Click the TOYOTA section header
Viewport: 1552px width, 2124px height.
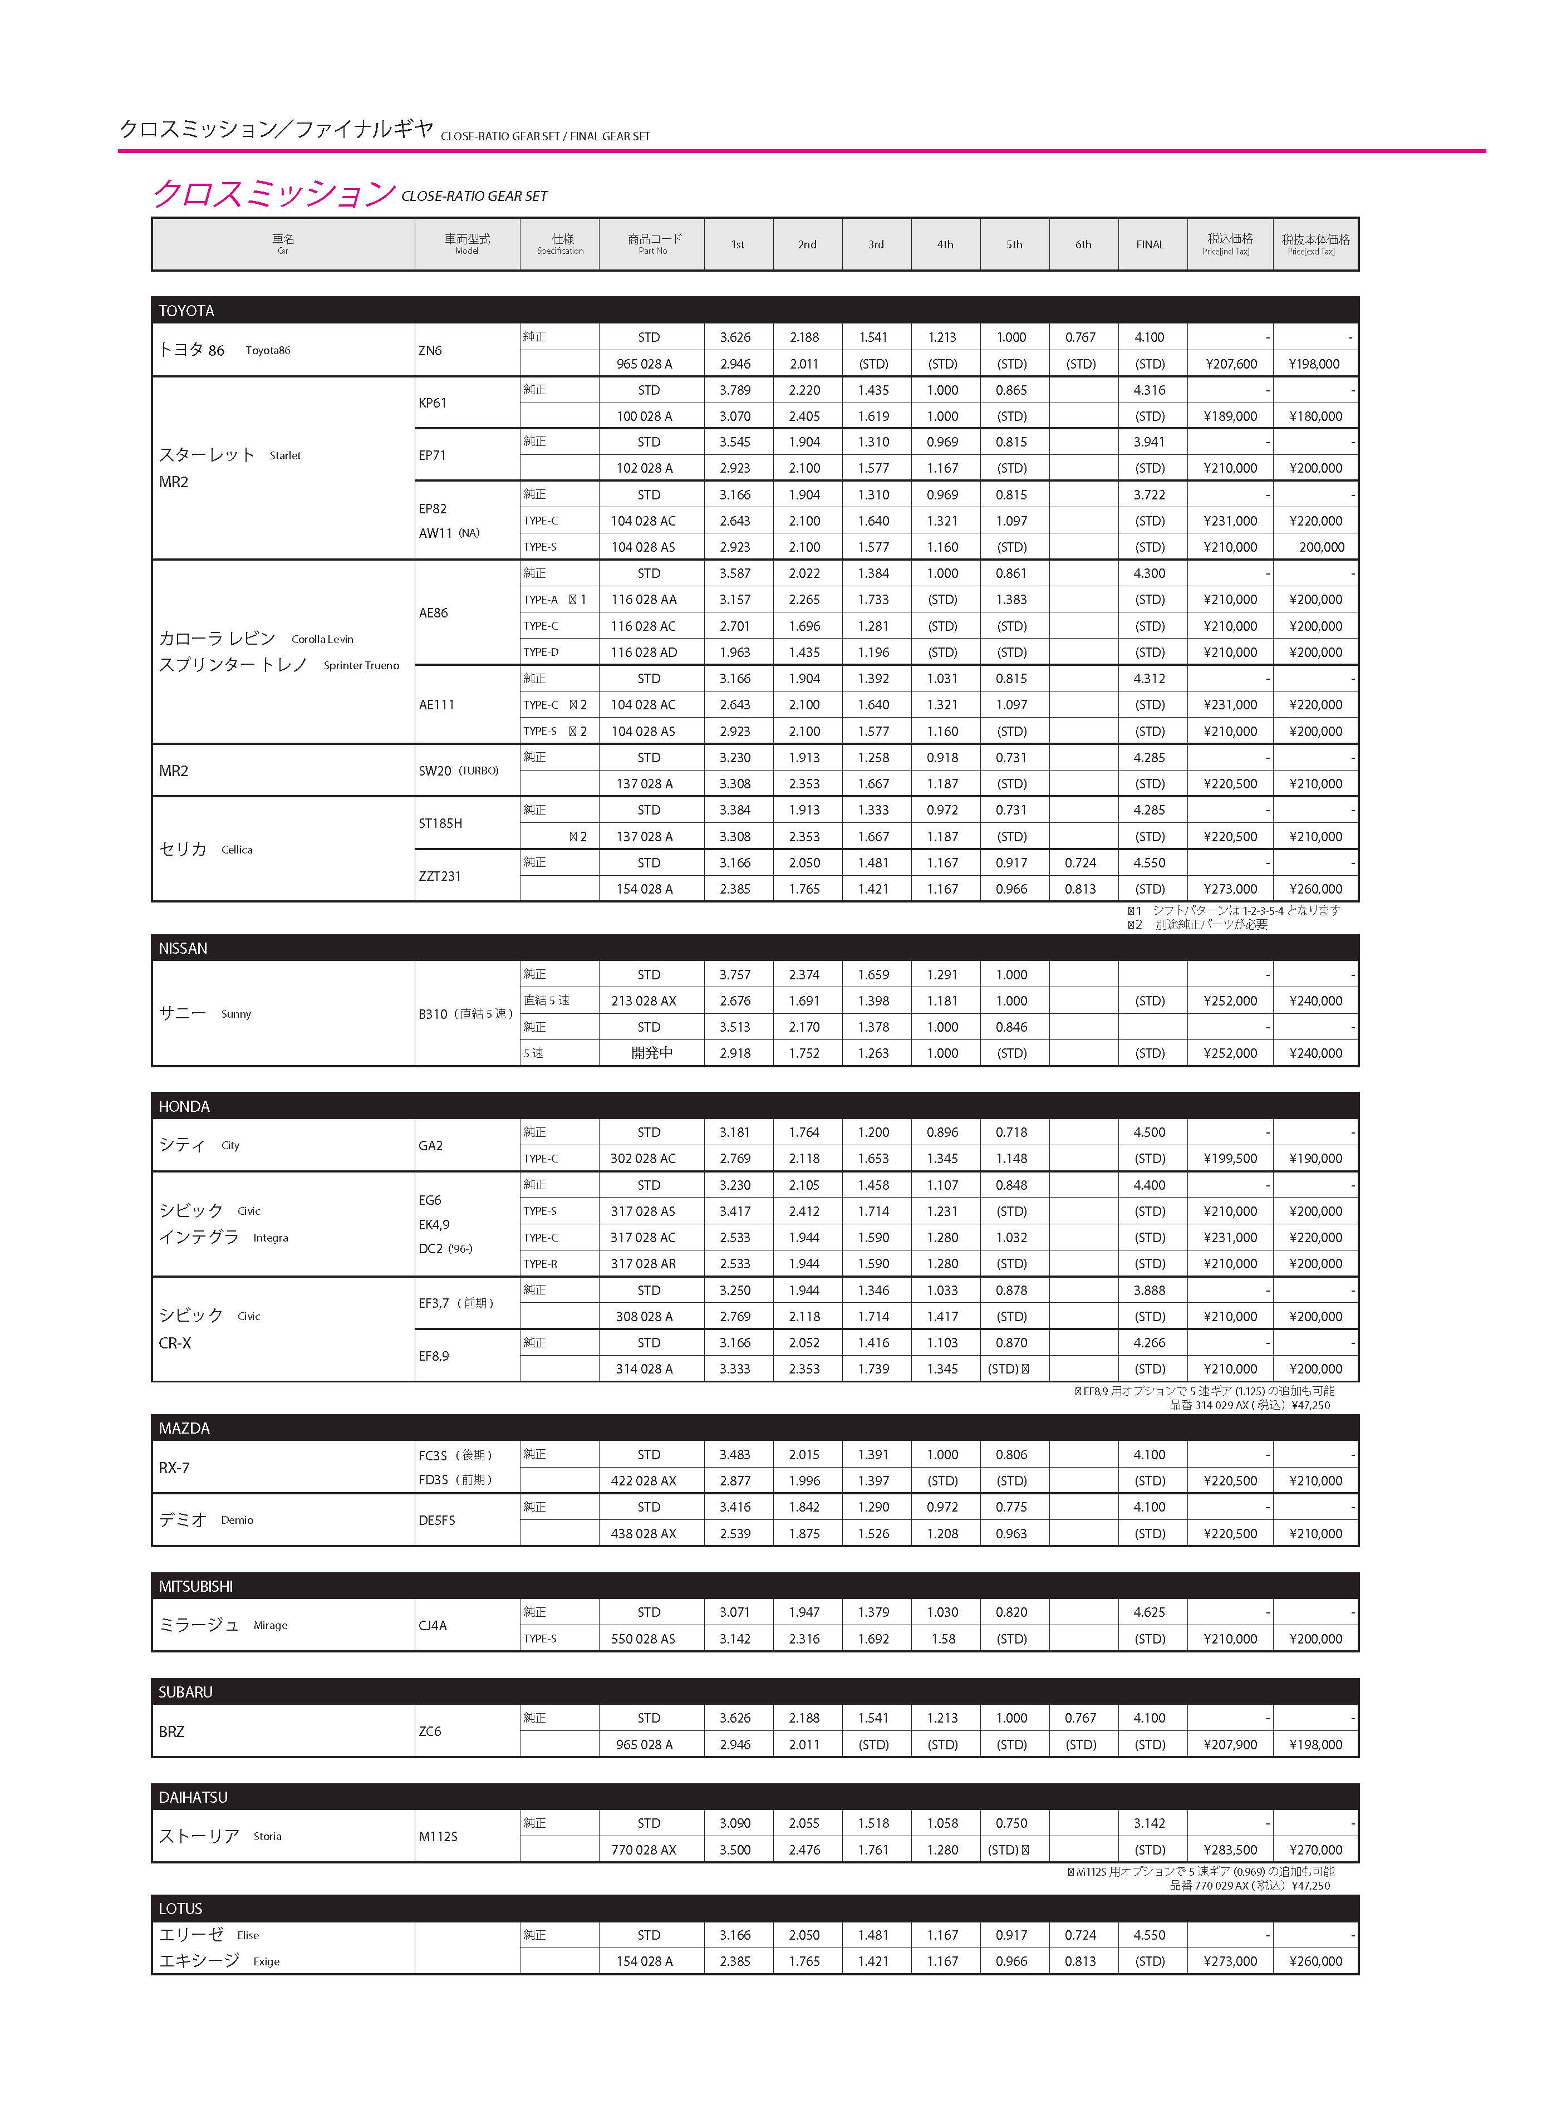tap(186, 311)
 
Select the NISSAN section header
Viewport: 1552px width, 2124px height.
tap(183, 948)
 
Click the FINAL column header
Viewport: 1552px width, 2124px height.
tap(1150, 244)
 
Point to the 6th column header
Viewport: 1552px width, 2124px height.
tap(1083, 244)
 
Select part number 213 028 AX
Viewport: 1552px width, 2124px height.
tap(644, 1000)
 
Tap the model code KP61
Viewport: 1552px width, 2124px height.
tap(433, 403)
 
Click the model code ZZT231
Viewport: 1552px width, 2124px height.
tap(440, 876)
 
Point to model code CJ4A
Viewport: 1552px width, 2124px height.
tap(433, 1625)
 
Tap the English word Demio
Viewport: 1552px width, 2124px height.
tap(237, 1520)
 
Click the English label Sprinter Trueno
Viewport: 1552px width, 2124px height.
tap(361, 665)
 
